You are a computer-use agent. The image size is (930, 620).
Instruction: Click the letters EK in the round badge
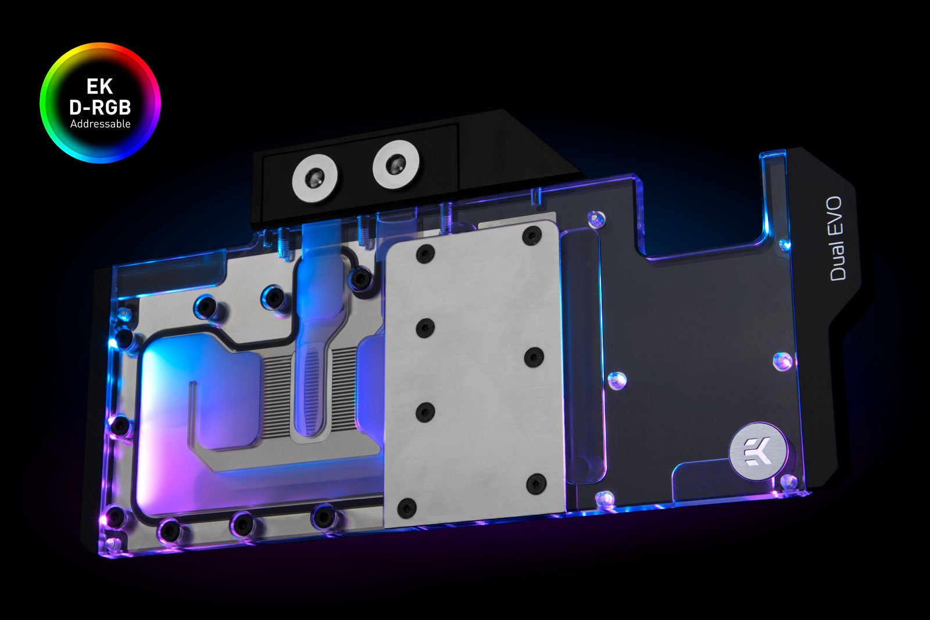(99, 87)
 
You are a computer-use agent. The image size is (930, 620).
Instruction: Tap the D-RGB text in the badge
(100, 107)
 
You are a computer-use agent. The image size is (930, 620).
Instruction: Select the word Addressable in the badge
(100, 124)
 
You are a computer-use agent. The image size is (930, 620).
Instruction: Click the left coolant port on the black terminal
(314, 178)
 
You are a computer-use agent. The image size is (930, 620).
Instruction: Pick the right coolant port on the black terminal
(396, 165)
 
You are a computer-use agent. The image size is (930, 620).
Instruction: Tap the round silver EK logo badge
(758, 451)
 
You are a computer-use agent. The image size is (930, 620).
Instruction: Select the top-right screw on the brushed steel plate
(532, 236)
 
